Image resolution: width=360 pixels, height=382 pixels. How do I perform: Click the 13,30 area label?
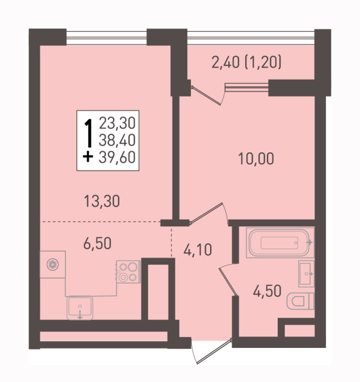102,201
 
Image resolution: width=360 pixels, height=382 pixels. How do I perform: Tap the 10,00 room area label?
256,159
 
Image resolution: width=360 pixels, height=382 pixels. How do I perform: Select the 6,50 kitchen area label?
97,243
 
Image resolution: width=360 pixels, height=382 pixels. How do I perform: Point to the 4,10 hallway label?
198,250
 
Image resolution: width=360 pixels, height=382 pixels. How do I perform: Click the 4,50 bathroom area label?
267,291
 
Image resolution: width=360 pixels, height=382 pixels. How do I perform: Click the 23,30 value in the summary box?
117,123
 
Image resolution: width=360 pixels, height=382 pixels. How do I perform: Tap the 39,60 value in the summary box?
117,157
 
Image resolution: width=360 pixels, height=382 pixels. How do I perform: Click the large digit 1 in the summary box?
89,133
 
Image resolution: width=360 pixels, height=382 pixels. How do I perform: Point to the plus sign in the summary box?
88,157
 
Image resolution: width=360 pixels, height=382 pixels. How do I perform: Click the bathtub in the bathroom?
280,243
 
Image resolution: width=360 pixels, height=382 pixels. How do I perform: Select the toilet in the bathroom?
300,301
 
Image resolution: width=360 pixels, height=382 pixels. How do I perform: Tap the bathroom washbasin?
306,274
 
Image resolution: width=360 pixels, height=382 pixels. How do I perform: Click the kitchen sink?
80,308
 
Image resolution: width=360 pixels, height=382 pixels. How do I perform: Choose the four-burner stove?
128,272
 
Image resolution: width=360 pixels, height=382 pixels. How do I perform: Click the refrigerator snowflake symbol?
53,264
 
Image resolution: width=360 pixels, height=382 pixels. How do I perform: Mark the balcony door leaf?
206,95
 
